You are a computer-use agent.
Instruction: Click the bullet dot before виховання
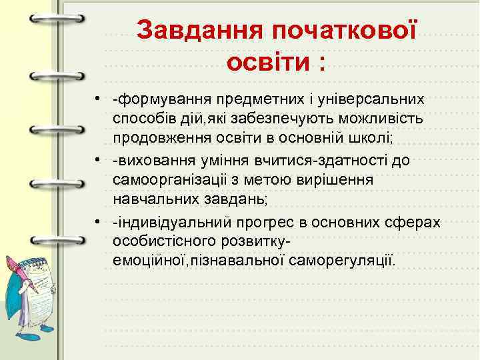tap(97, 161)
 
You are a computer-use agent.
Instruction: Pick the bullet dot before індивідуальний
tap(97, 221)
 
